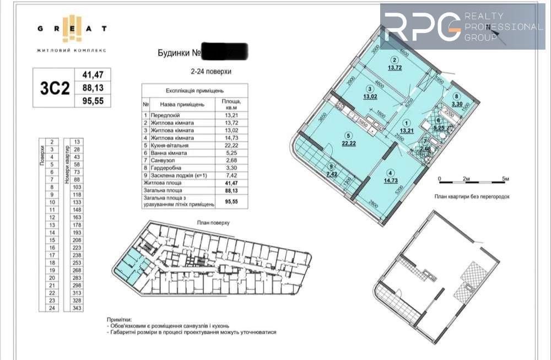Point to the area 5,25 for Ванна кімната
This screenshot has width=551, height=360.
click(x=228, y=153)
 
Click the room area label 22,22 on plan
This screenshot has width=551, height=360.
click(x=348, y=143)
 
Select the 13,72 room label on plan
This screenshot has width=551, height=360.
click(x=395, y=68)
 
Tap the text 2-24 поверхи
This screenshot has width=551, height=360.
click(x=210, y=72)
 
